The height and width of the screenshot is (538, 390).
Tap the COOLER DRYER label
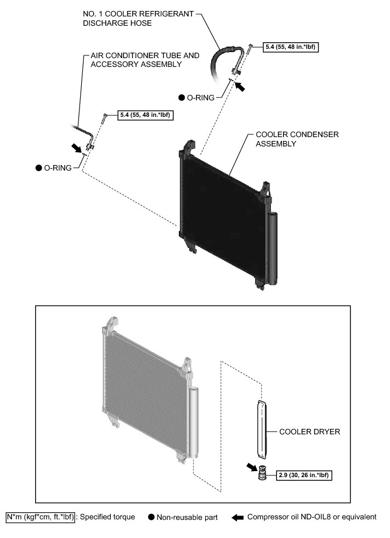click(309, 432)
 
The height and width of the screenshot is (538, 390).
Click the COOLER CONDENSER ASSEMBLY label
click(297, 139)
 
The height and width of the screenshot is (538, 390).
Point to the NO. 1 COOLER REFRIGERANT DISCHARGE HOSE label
click(138, 19)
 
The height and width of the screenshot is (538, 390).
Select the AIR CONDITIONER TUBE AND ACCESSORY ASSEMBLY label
click(141, 60)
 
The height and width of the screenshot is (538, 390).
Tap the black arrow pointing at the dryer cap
click(252, 467)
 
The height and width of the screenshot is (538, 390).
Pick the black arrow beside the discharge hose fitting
click(241, 86)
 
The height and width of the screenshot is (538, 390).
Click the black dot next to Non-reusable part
click(151, 517)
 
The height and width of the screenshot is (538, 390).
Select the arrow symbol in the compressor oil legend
click(237, 517)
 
